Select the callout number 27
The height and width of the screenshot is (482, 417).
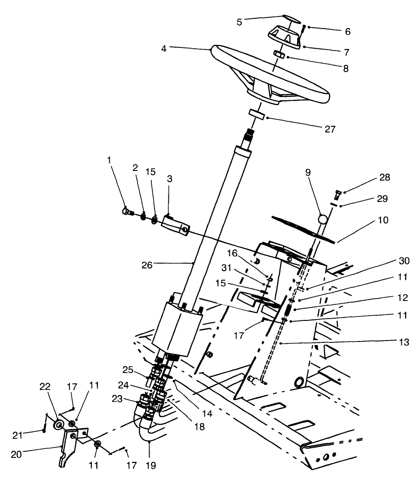(331, 129)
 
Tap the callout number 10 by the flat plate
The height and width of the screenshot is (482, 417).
(383, 220)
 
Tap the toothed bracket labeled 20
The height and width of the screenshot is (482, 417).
(69, 448)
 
